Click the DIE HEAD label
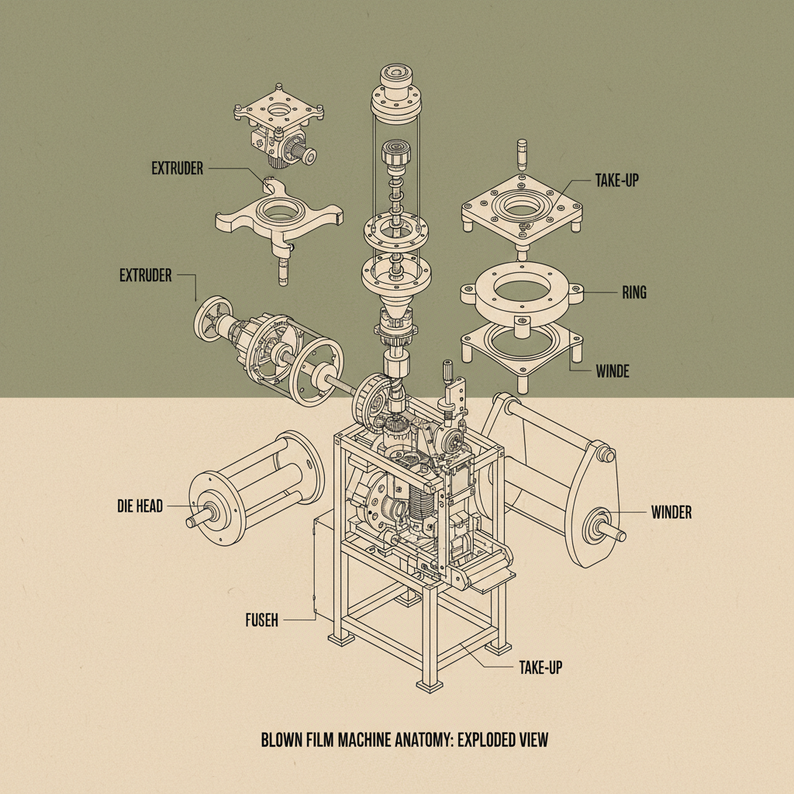[x=140, y=506]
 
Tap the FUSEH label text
[x=261, y=620]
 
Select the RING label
[x=633, y=293]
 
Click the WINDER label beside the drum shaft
[x=671, y=512]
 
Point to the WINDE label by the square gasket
[x=612, y=371]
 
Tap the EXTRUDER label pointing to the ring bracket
[x=177, y=168]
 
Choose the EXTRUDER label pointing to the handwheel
[x=145, y=275]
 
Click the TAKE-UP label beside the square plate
[x=616, y=180]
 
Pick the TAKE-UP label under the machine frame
[x=540, y=666]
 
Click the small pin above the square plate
[x=522, y=153]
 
